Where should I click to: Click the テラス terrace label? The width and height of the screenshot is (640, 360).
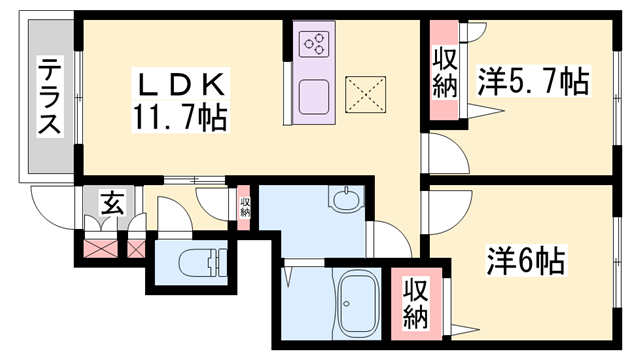coord(48,97)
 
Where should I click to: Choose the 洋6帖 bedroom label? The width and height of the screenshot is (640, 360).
coord(527,263)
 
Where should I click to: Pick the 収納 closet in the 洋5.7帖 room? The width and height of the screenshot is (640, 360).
coord(444,73)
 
